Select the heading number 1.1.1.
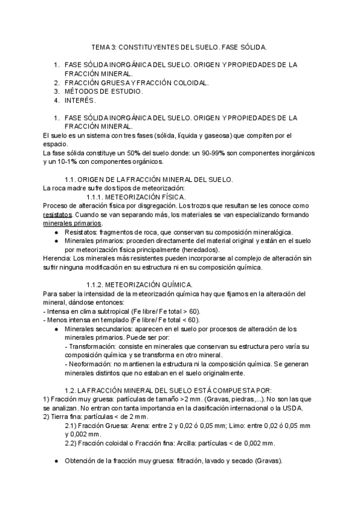[96, 197]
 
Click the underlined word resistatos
[58, 214]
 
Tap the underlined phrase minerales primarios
[73, 223]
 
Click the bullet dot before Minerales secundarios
[56, 329]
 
